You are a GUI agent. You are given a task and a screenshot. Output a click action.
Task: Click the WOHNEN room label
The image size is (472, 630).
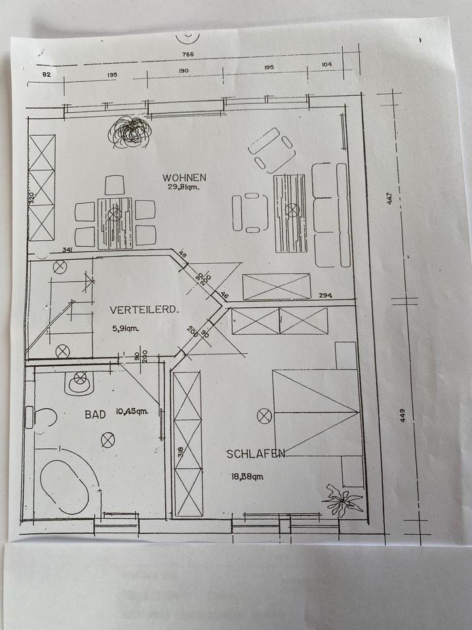(x=185, y=177)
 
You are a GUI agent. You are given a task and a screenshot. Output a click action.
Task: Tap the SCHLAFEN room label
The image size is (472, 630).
(x=256, y=453)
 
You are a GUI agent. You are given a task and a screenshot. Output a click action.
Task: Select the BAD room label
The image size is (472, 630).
(x=95, y=414)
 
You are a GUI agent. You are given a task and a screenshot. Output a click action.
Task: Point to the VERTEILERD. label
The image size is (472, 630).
(x=144, y=309)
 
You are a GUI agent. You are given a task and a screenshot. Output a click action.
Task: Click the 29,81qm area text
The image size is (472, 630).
(x=184, y=188)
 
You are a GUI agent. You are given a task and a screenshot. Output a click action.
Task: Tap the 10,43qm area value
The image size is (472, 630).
(x=132, y=412)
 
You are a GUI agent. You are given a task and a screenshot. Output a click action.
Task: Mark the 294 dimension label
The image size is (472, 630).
(x=326, y=296)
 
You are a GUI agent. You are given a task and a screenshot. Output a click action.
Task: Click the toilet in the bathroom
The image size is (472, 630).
(x=81, y=381)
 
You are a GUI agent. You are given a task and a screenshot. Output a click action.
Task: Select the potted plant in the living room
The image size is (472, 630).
(x=130, y=132)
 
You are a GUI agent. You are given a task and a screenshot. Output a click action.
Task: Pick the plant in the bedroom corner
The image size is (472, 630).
(x=342, y=501)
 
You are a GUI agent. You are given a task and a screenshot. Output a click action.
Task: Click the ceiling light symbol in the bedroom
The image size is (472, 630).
(x=264, y=415)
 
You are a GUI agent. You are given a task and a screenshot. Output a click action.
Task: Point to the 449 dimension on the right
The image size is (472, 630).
(x=403, y=415)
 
